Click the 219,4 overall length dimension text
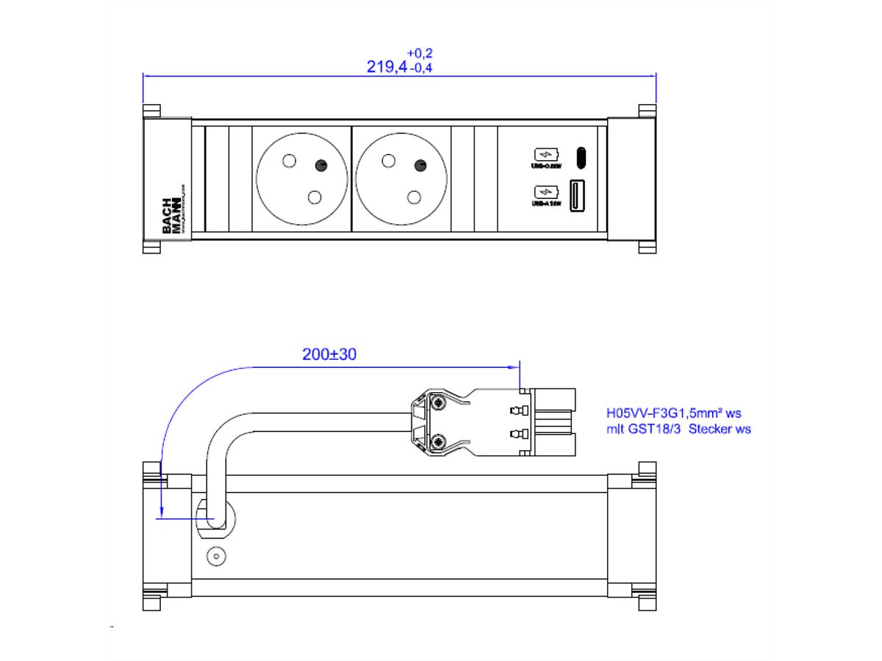pos(387,67)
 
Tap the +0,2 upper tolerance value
pos(420,53)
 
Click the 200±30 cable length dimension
pos(329,354)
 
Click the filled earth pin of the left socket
pos(321,165)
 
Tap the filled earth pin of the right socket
pos(420,165)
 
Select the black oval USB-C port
pos(581,156)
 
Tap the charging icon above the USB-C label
pos(545,155)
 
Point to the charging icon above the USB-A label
pos(545,192)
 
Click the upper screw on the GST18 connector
pos(440,404)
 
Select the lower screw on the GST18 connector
pos(440,441)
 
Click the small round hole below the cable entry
pos(216,556)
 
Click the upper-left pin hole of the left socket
pos(289,161)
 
